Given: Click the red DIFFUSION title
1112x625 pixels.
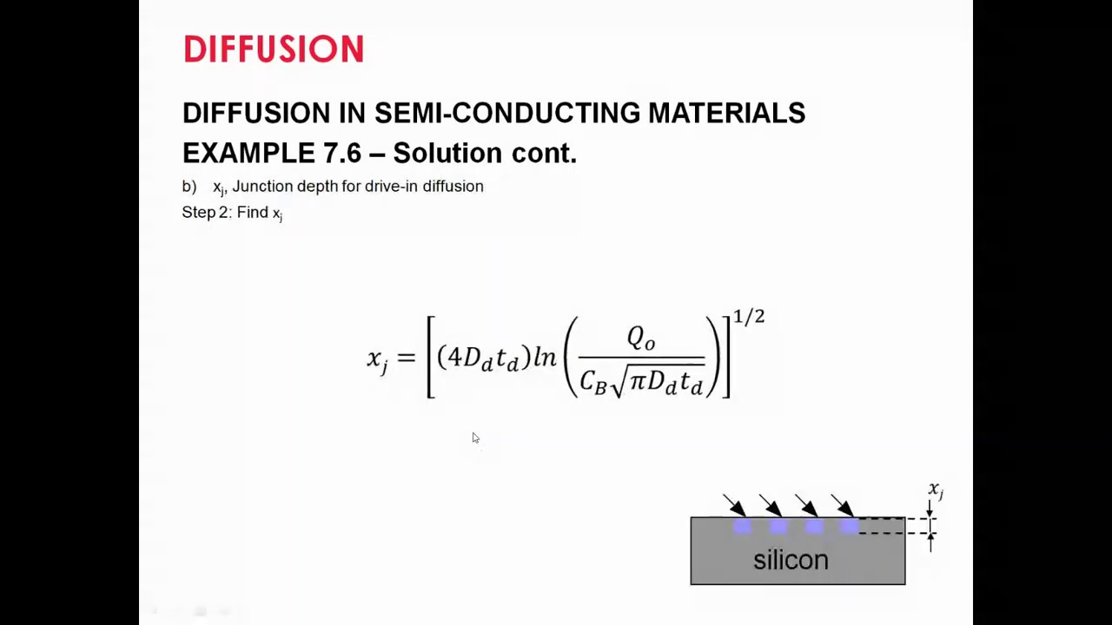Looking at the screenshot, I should [x=273, y=49].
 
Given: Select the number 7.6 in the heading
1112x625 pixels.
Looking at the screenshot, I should [x=341, y=154].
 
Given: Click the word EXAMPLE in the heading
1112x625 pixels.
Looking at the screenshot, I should [x=248, y=154].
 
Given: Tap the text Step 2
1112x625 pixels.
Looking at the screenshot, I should [x=205, y=213].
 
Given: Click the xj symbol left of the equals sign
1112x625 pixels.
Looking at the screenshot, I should [x=377, y=359].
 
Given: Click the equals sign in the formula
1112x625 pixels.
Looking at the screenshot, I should [x=406, y=358].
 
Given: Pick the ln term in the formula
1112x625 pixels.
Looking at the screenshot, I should [x=545, y=357].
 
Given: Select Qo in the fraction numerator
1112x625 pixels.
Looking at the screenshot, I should [x=641, y=338].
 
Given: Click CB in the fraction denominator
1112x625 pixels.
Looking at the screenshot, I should [x=593, y=381].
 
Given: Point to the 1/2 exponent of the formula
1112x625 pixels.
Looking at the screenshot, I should [x=749, y=317].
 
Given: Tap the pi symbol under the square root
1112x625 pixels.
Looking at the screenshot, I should [x=638, y=379].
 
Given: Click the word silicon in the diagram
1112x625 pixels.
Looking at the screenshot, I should [x=791, y=560].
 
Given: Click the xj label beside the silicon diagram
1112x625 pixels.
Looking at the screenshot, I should [x=936, y=490].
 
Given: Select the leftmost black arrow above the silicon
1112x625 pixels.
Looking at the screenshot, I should [x=734, y=505].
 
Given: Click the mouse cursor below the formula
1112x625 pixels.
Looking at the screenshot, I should [x=475, y=438].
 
